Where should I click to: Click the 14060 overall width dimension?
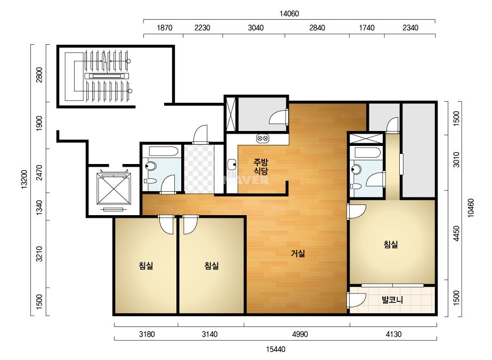(x=289, y=13)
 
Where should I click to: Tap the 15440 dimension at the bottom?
(x=276, y=349)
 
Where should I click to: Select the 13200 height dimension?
(x=25, y=179)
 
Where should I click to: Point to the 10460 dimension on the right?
(x=471, y=208)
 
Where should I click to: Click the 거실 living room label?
(x=297, y=253)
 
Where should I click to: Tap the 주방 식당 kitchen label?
(x=261, y=167)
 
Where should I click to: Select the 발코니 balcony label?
(x=392, y=300)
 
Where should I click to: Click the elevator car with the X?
(x=114, y=189)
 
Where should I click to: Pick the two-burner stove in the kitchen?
(x=263, y=138)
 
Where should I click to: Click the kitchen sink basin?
(x=232, y=163)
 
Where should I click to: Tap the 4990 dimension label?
(x=300, y=334)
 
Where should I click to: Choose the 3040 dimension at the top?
(x=255, y=28)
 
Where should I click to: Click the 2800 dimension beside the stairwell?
(x=39, y=75)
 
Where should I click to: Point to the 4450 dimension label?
(x=456, y=234)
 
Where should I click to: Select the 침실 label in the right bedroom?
(x=391, y=244)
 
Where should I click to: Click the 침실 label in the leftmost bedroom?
(x=146, y=266)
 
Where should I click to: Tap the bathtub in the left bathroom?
(x=164, y=151)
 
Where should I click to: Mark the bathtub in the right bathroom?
(x=367, y=153)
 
